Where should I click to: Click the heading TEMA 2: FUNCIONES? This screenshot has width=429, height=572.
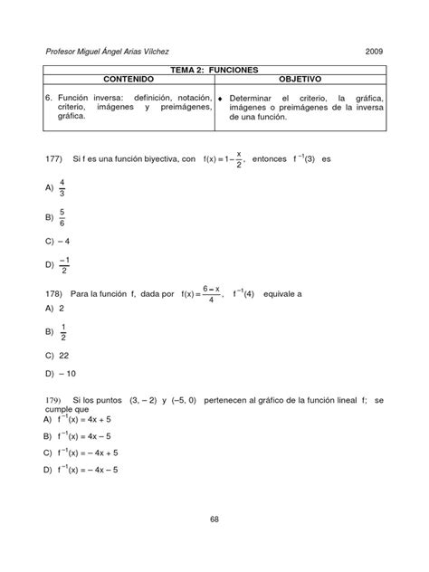coord(214,69)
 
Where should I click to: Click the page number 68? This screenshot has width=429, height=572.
coord(214,519)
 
